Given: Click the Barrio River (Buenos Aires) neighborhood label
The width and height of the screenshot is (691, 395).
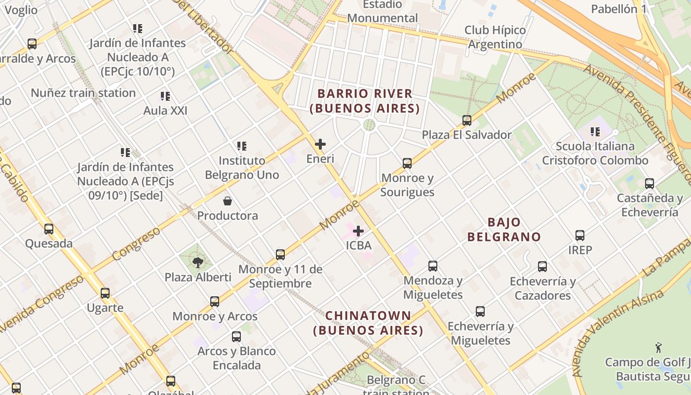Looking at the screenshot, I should click(365, 101).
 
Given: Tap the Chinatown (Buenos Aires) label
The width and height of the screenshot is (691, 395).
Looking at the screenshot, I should click(368, 323).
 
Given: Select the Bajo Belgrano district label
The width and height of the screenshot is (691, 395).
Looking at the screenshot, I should click(504, 230).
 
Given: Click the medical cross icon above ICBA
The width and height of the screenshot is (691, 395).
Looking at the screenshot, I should click(358, 231).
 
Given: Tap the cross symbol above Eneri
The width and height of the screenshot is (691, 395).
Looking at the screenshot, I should click(320, 144).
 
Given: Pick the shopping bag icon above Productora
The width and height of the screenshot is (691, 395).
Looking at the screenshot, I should click(228, 201).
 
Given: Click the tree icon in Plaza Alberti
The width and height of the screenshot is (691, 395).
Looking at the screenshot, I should click(198, 262).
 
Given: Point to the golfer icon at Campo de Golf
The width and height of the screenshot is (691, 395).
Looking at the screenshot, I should click(658, 347).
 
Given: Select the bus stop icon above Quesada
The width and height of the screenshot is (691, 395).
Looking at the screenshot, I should click(48, 229).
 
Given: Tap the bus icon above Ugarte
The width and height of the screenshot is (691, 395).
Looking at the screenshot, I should click(105, 293).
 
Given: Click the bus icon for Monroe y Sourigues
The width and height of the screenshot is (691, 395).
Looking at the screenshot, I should click(407, 163).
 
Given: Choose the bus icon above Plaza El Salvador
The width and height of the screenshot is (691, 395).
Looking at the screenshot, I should click(466, 120).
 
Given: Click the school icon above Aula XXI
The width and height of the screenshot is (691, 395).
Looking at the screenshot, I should click(165, 96).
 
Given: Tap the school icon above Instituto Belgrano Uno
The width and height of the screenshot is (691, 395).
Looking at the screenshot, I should click(241, 146).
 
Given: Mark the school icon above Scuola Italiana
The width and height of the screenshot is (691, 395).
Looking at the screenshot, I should click(595, 132).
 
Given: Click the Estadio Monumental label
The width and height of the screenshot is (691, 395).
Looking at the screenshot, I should click(383, 11).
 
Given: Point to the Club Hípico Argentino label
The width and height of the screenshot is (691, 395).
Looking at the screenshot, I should click(495, 37).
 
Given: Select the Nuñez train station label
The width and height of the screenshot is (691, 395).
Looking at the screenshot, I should click(83, 93).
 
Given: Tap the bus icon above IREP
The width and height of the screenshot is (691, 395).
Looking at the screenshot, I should click(580, 236).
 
